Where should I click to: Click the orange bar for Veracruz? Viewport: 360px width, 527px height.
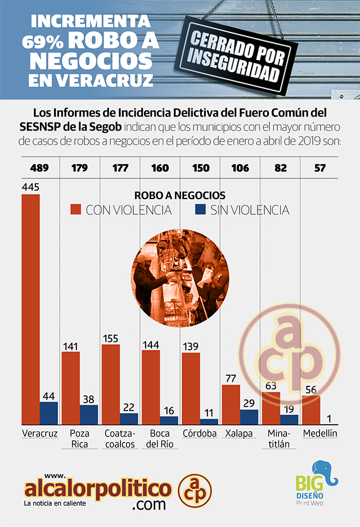(x=30, y=309)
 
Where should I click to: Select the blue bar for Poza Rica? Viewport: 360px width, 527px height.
(x=89, y=415)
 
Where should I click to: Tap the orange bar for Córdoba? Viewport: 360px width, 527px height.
(x=191, y=388)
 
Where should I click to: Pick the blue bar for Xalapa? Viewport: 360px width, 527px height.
(x=249, y=417)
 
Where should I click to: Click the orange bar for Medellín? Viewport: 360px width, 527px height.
(x=311, y=409)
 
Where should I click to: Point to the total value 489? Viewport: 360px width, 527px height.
(x=32, y=168)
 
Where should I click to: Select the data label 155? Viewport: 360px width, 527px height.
(x=111, y=338)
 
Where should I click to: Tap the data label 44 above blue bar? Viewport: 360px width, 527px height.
(x=49, y=395)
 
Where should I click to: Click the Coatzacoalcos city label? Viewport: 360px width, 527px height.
(x=119, y=439)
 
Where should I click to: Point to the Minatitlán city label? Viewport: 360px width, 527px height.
(x=278, y=439)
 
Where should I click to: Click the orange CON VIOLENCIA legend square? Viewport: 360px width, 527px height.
(x=76, y=210)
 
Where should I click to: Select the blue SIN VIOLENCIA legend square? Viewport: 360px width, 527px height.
(x=199, y=210)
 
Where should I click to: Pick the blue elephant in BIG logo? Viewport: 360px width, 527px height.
(x=325, y=472)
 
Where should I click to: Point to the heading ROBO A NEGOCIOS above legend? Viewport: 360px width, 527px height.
(x=180, y=195)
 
